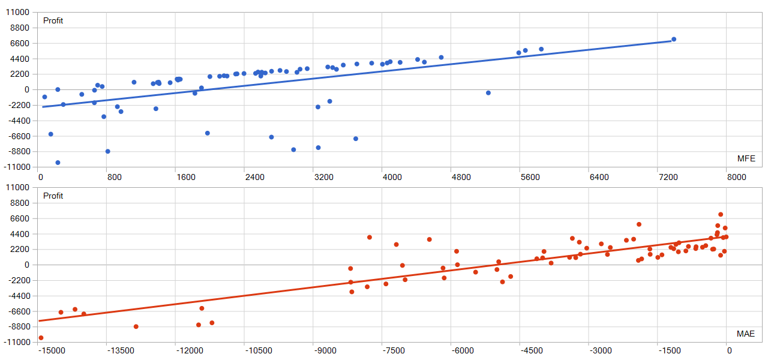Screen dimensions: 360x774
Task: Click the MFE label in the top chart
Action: point(746,159)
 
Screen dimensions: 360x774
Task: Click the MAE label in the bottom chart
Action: point(746,334)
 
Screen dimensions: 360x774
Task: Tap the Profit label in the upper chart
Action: point(53,21)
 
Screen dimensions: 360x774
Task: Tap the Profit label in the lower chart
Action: point(53,196)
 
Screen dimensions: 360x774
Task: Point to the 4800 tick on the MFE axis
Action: point(461,177)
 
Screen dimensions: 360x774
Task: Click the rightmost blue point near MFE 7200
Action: point(674,39)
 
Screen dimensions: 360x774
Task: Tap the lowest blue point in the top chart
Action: point(58,163)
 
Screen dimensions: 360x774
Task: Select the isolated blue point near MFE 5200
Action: point(488,93)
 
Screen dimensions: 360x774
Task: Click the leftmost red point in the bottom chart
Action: point(41,338)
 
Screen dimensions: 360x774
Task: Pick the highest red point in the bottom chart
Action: point(721,214)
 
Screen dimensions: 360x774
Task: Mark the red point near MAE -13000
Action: point(136,326)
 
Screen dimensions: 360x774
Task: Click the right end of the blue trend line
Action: point(671,41)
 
